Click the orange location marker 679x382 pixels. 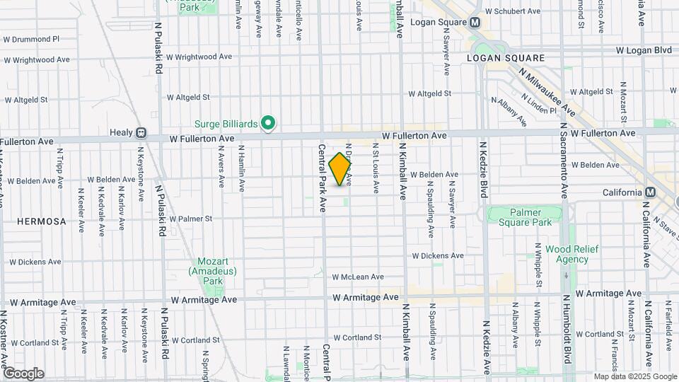[x=340, y=170]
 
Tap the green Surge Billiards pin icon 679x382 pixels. [x=268, y=124]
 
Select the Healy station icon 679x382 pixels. [x=141, y=132]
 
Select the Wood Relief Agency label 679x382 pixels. [x=567, y=254]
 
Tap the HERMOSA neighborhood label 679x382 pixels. [x=42, y=221]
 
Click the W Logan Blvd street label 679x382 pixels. [x=643, y=51]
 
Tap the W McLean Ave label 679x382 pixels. [x=357, y=277]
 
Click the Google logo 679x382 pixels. [x=23, y=374]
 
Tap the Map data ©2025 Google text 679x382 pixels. [x=634, y=376]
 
